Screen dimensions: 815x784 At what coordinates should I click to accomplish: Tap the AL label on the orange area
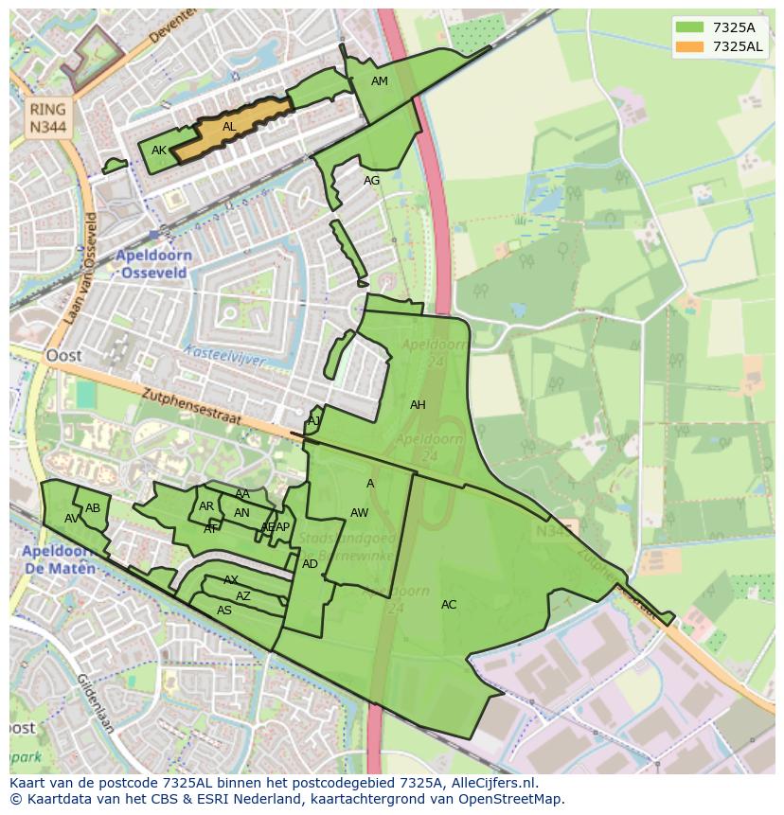(229, 127)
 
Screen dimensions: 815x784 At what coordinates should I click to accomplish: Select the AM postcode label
(380, 81)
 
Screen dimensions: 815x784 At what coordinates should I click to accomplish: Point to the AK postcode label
(159, 151)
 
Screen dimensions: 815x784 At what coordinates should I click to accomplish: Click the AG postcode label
(372, 181)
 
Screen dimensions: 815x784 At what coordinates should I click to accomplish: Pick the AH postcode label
(418, 405)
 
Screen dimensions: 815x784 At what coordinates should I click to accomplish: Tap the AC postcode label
(449, 605)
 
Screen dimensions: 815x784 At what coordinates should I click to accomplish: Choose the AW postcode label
(360, 513)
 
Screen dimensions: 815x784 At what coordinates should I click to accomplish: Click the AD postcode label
(311, 564)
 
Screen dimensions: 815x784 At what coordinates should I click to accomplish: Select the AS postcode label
(224, 611)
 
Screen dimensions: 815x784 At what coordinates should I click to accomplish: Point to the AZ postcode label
(243, 596)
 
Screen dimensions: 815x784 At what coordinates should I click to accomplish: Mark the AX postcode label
(231, 580)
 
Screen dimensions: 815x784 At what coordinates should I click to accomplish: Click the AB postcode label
(93, 508)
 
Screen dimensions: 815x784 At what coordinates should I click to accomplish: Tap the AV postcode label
(72, 519)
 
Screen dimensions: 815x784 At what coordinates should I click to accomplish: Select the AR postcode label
(206, 506)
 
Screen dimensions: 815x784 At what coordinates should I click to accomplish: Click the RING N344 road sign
(47, 118)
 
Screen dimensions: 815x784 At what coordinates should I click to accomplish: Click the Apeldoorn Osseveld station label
(154, 263)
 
